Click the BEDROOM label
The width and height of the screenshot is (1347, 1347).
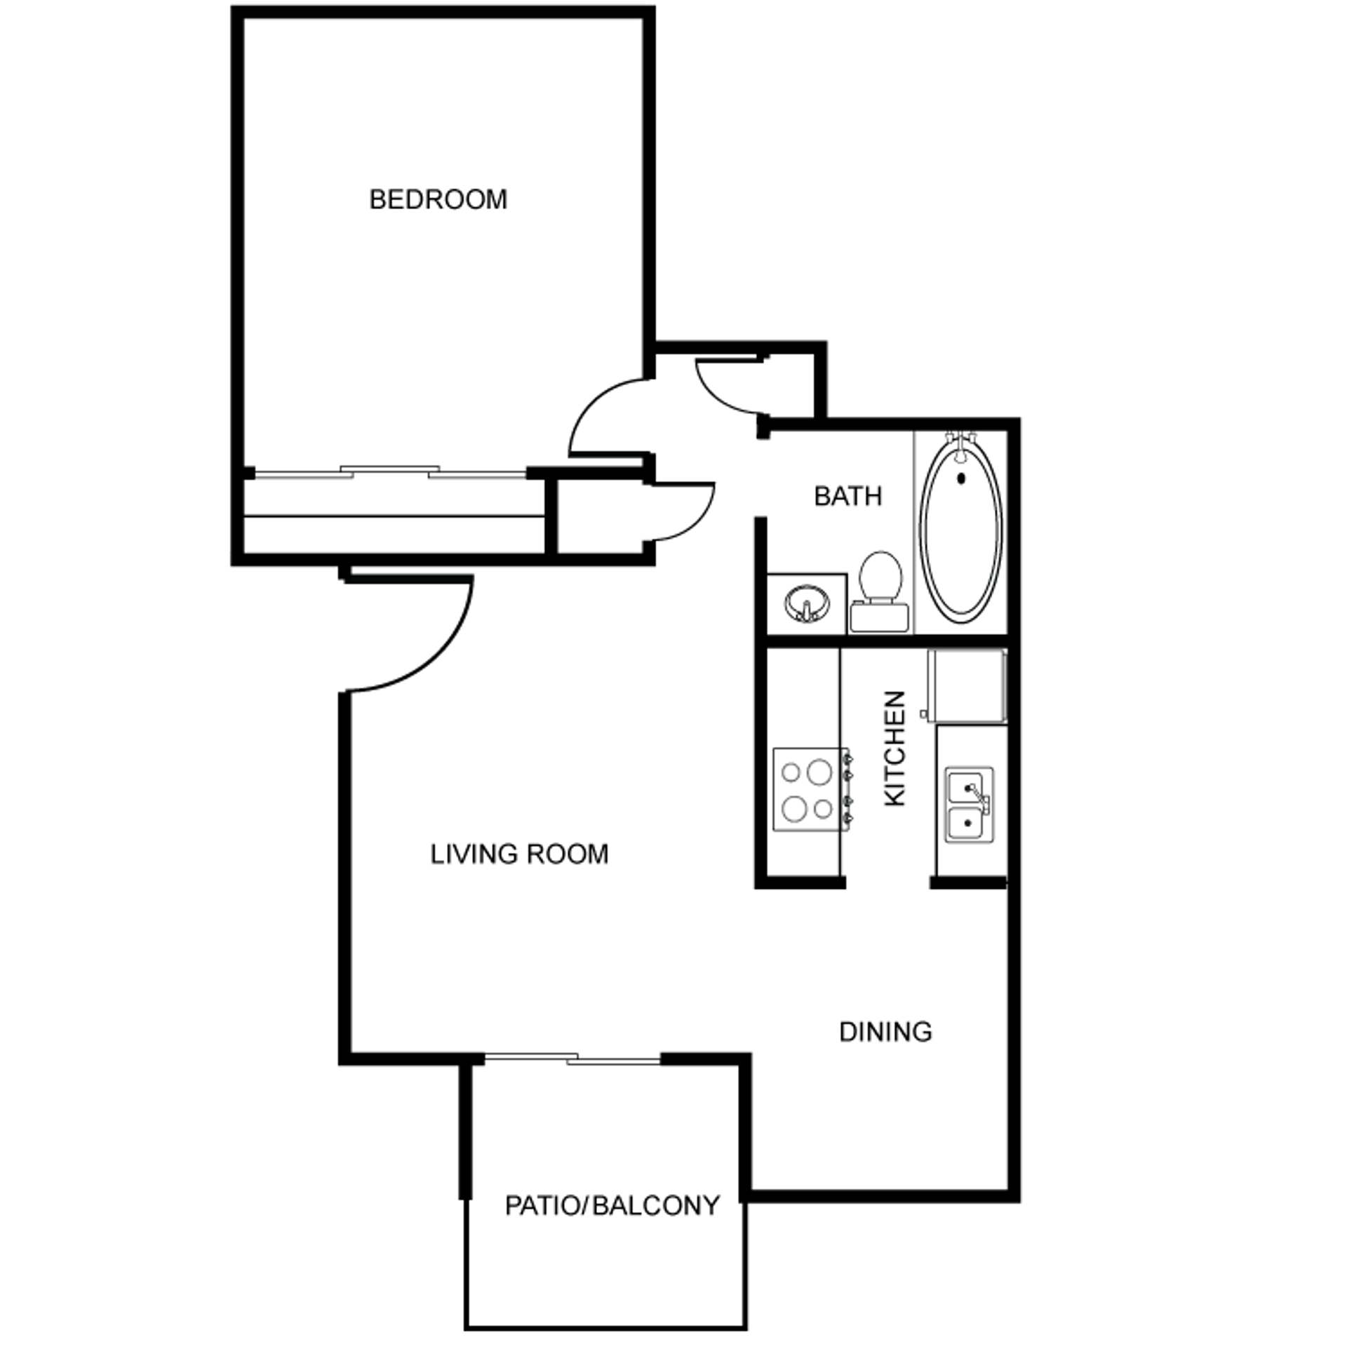438,200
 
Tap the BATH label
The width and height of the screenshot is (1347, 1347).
847,497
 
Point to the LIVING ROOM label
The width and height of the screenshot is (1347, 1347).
519,855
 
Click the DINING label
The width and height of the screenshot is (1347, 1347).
885,1032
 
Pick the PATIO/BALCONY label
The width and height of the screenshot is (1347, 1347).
612,1206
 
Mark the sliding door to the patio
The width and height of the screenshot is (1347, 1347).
572,1058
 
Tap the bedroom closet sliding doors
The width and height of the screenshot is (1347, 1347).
389,472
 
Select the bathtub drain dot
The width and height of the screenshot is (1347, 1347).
961,479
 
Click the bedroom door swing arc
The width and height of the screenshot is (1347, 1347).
603,414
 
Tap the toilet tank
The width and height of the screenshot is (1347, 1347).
880,617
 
